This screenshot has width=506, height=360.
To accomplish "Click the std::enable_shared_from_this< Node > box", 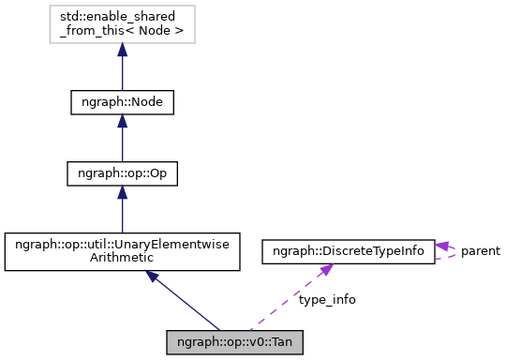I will coord(122,26).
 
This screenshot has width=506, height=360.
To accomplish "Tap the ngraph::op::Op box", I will coord(122,173).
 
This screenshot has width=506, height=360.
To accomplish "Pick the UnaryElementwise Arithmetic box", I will coord(122,253).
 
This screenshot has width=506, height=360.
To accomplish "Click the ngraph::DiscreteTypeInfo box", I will coord(348,251).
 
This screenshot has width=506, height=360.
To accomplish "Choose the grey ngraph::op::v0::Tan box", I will coord(235,340).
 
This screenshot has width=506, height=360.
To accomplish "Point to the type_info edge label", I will coord(327,299).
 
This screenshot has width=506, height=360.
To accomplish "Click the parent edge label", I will coord(480,251).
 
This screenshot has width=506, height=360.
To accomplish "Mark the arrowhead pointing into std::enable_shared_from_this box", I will coord(122,52).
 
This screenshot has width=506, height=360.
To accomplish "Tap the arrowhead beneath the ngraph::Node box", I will coord(122,125).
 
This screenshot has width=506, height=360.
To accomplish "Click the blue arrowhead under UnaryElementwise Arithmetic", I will coord(153,278).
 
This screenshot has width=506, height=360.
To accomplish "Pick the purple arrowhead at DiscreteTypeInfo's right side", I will coord(442,246).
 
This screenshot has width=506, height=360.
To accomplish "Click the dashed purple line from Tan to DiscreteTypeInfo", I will coord(286,301).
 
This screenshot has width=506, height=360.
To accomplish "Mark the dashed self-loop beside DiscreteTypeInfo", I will coord(455,251).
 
